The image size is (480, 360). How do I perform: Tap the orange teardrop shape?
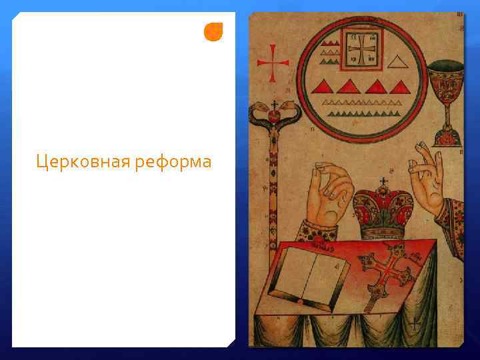tap(213, 32)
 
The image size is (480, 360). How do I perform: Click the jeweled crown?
tap(383, 211)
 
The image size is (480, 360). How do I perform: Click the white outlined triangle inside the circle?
tap(399, 63)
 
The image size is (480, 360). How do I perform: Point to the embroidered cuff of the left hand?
tap(319, 230)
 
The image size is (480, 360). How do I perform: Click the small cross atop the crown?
tap(383, 181)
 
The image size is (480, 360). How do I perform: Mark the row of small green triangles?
tap(363, 103)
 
